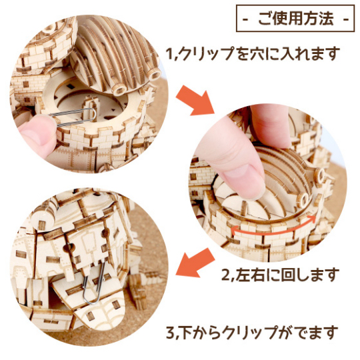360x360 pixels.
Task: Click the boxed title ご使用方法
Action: click(x=295, y=19)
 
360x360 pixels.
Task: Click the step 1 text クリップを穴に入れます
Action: click(x=259, y=54)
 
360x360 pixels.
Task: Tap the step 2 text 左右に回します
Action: click(x=287, y=275)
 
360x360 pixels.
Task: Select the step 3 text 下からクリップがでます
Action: click(x=259, y=332)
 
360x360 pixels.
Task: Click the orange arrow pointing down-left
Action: click(x=195, y=263)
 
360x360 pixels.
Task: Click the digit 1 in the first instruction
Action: click(x=170, y=55)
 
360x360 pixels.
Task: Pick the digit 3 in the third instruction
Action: click(x=171, y=333)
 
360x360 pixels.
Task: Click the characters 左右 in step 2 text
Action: click(x=251, y=275)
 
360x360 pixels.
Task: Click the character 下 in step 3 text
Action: click(x=186, y=333)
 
